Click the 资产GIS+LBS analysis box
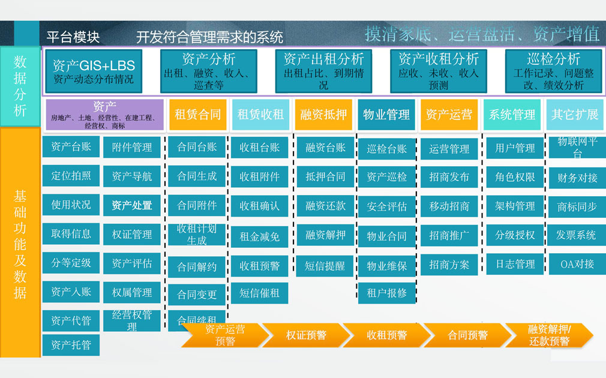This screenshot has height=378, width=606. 94,71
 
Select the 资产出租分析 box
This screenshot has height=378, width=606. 323,71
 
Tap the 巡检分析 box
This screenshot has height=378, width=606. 553,71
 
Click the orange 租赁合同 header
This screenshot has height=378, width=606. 198,115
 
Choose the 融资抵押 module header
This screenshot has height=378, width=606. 323,115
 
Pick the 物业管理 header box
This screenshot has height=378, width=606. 386,115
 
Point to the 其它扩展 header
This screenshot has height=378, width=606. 575,115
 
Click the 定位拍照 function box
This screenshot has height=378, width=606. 71,176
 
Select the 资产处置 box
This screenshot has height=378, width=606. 132,205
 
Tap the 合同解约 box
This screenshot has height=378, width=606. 197,266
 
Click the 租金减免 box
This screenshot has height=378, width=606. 260,236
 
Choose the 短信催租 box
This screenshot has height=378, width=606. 260,293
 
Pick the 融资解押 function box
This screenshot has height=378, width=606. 325,235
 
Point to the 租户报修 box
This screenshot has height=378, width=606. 387,293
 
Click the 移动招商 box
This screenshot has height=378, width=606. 449,206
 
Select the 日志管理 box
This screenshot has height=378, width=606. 515,264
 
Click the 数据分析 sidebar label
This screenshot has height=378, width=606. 20,86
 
